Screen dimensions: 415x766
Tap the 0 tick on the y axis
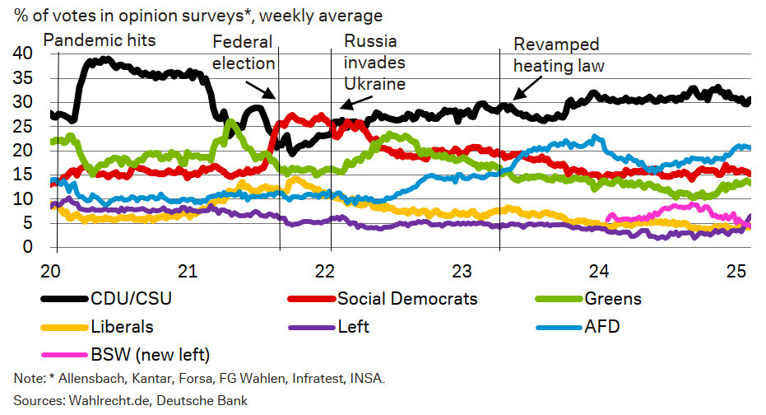coord(27,247)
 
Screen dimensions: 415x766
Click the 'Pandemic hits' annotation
coord(99,39)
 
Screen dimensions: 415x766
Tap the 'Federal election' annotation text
coord(243,54)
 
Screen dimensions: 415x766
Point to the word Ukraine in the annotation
coord(375,83)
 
